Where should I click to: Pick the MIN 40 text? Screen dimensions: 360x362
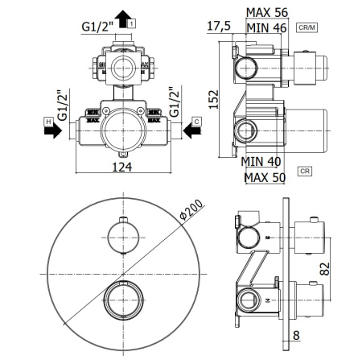click(261, 161)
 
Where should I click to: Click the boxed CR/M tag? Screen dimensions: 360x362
click(309, 28)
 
